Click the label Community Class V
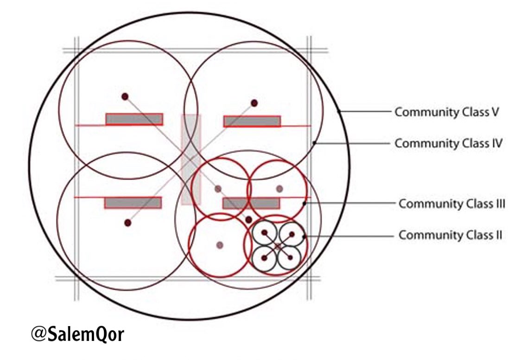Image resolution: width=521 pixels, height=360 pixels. [446, 112]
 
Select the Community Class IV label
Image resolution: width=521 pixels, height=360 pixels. [448, 143]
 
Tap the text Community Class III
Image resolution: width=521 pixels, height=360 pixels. [451, 204]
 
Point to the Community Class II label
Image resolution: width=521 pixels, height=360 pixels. [450, 235]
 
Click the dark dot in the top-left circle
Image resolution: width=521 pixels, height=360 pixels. [125, 96]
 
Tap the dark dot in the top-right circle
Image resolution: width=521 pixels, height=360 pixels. [254, 103]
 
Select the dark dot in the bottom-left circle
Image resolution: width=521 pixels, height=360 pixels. [128, 223]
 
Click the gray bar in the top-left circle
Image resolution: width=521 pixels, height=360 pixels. [134, 119]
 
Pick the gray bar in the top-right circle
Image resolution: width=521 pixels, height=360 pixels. [252, 121]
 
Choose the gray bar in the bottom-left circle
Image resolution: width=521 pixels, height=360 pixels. [133, 203]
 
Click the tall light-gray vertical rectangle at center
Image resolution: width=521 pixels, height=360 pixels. [191, 159]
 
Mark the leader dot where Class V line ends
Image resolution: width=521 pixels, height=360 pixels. [340, 112]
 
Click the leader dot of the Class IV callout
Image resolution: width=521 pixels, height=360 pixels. [315, 143]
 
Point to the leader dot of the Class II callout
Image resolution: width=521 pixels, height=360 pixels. [304, 237]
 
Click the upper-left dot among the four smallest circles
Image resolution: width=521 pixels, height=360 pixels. [265, 232]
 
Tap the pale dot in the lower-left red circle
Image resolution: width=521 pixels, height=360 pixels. [220, 244]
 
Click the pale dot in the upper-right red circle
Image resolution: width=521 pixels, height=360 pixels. [279, 188]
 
